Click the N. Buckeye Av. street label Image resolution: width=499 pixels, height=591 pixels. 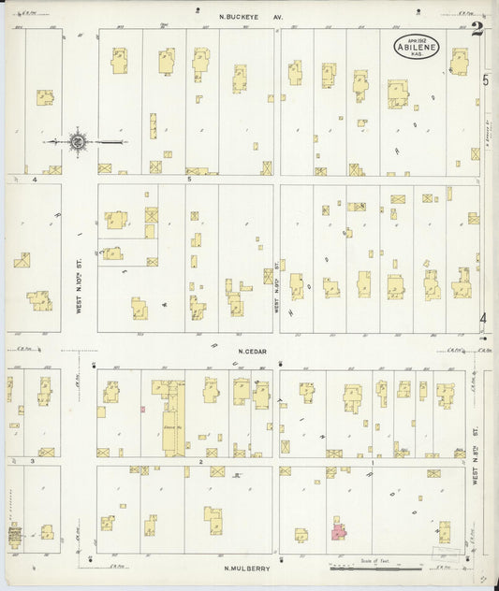pos(251,16)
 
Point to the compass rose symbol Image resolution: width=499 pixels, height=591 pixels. pos(78,142)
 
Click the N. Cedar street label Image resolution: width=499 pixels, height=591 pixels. pos(252,352)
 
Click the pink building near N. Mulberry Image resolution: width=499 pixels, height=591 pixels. pos(337,530)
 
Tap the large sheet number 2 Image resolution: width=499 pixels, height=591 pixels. pos(477,29)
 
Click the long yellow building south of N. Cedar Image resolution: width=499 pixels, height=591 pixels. pos(173,419)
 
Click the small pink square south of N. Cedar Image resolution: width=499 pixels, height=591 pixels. pos(142,409)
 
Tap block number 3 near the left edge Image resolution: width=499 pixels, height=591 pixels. pos(33,462)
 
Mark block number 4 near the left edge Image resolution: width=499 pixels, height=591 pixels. pos(34,179)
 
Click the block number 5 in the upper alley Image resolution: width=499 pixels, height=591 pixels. pos(188,179)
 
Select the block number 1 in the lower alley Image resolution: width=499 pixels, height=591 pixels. pos(373,462)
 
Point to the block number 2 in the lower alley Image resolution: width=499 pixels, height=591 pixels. pos(199,462)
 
